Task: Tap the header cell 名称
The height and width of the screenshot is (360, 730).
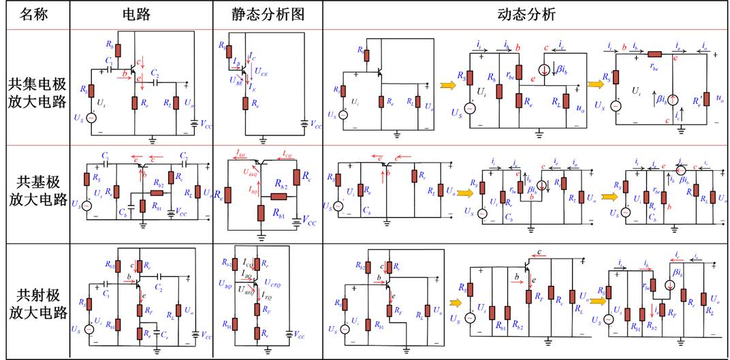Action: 35,14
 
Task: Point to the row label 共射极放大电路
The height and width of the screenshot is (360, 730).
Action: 37,304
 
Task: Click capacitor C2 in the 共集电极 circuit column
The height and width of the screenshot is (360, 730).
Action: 155,81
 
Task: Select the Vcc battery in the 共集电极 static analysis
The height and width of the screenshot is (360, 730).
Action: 304,125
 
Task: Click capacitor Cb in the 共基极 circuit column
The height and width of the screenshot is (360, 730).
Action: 129,206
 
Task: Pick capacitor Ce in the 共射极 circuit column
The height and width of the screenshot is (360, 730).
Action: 157,334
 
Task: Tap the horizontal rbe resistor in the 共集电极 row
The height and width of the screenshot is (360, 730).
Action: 655,54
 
